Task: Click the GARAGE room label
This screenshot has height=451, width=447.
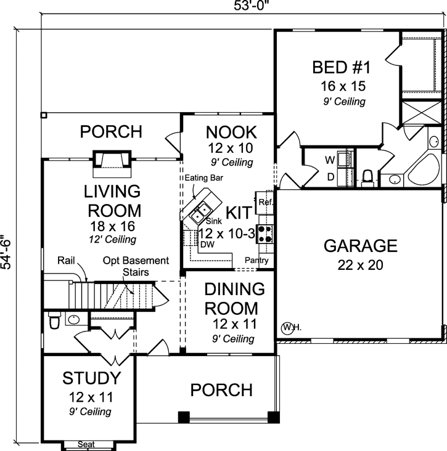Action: click(361, 246)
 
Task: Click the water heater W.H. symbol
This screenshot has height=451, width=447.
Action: click(290, 328)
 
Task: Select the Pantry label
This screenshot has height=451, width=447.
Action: click(256, 261)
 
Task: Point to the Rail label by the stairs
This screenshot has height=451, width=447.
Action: click(65, 261)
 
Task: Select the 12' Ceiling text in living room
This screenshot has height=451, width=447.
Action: click(112, 239)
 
